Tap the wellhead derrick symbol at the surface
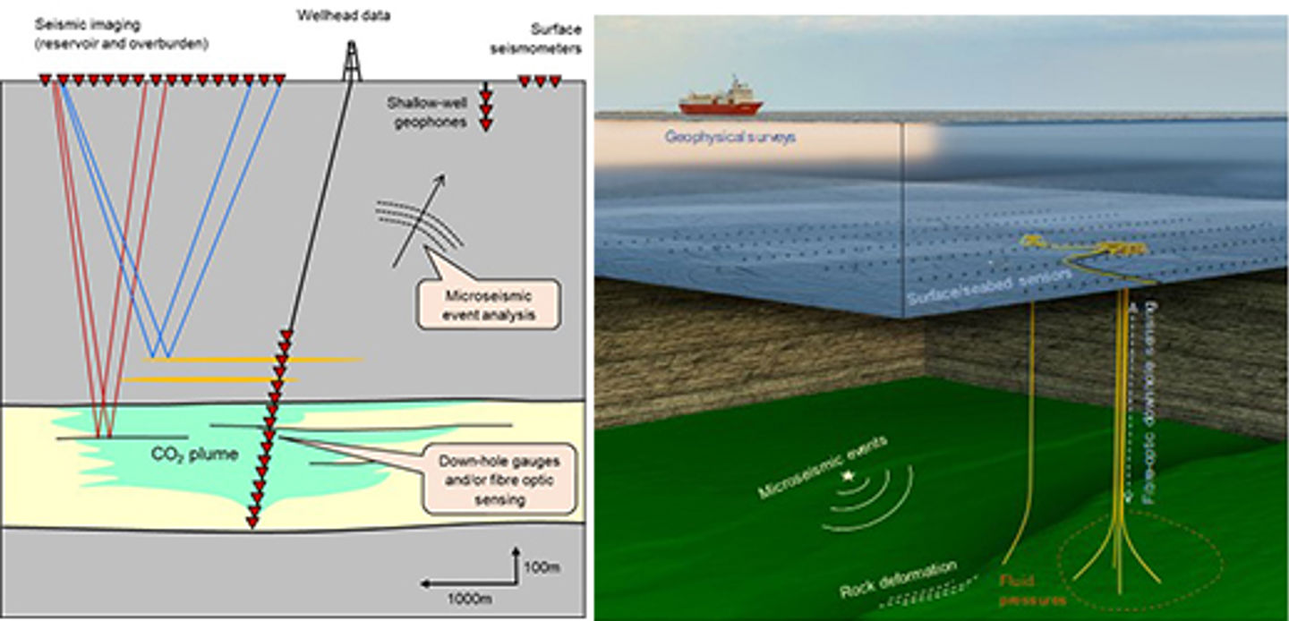pos(353,63)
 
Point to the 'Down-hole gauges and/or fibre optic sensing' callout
pos(499,479)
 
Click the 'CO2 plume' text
pos(194,455)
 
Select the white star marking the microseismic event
pos(848,477)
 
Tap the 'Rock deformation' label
pos(898,580)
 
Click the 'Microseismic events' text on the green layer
pos(810,466)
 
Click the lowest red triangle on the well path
pos(253,523)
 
